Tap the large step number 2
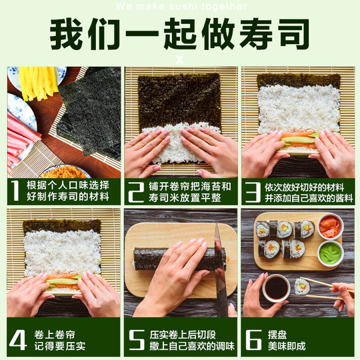click(136, 190)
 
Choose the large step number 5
click(136, 339)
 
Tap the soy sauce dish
click(276, 287)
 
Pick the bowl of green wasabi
click(330, 253)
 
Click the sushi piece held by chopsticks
click(302, 286)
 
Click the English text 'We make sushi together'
click(180, 7)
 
